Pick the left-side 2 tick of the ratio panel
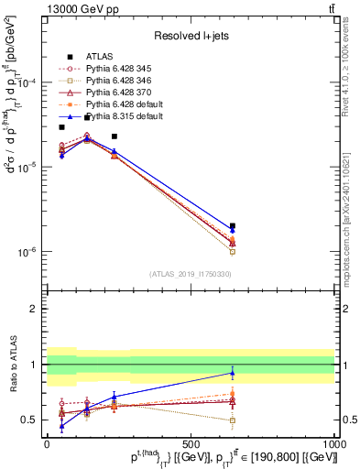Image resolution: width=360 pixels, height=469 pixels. [34, 309]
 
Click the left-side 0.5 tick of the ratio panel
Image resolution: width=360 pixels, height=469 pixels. [30, 420]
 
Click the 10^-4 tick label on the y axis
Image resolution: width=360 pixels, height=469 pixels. [29, 83]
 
